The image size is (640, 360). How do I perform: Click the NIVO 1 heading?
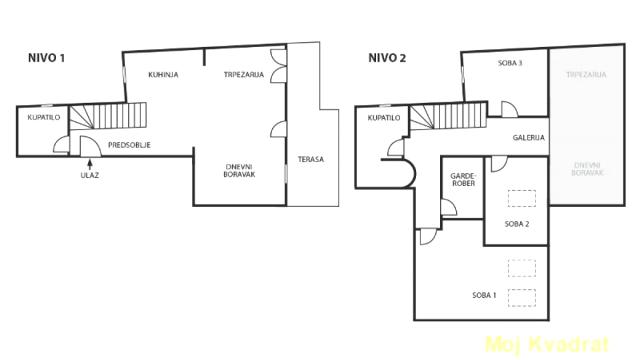coord(46,58)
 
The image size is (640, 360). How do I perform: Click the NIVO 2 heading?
coord(387,58)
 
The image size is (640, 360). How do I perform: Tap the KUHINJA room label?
coord(163,75)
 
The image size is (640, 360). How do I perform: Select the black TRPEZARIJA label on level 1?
coord(244,75)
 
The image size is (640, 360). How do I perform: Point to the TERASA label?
coord(311,159)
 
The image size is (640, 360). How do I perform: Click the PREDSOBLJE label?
coord(129,145)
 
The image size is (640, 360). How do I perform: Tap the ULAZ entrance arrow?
coord(90,164)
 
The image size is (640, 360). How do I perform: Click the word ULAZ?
coord(90,176)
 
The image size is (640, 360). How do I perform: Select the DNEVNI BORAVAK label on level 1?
coord(239,171)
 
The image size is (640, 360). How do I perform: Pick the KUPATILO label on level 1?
coord(44,118)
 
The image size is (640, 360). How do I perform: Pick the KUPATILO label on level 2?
coord(384,118)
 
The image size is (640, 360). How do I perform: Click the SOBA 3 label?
coord(510,63)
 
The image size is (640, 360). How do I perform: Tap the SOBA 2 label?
coord(517,224)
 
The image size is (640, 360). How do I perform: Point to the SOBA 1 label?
coord(484,295)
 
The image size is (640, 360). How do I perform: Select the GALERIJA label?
coord(529,138)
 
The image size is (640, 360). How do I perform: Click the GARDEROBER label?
coord(463,180)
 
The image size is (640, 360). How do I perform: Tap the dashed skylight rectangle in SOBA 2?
coord(522,198)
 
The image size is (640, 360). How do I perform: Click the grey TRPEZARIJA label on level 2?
coord(586,75)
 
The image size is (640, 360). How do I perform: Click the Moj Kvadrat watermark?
coord(547,344)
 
